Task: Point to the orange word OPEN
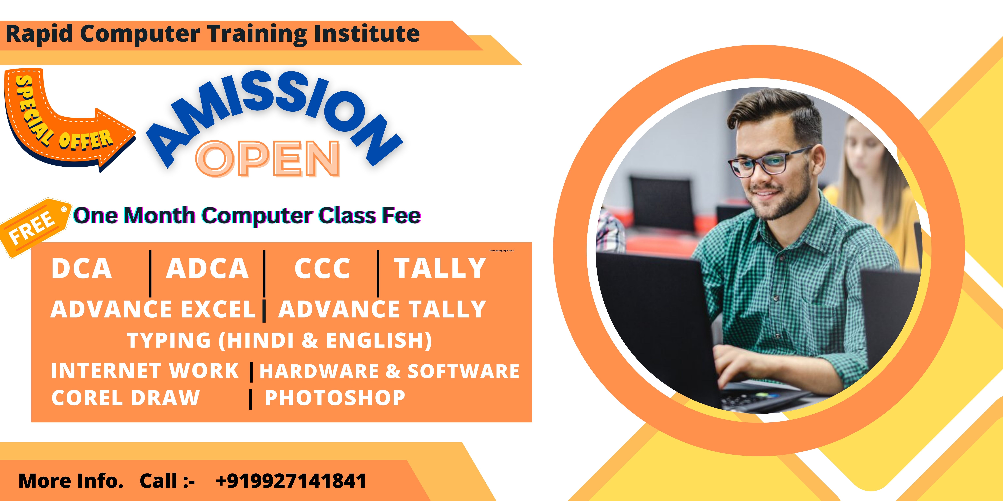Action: tap(268, 159)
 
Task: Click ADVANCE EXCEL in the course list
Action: tap(153, 310)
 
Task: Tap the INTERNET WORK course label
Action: tap(145, 370)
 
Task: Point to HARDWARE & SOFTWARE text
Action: tap(389, 371)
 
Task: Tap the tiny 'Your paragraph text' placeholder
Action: tap(501, 251)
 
